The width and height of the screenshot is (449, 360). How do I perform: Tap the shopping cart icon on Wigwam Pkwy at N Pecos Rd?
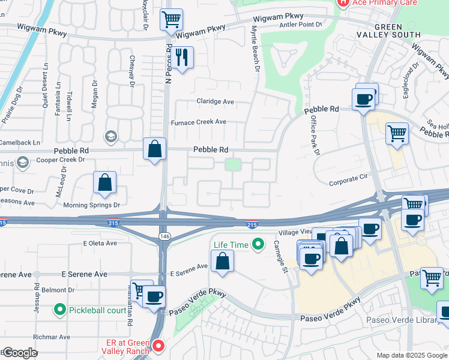click(x=172, y=19)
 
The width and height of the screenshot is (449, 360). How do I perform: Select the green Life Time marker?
click(x=258, y=244)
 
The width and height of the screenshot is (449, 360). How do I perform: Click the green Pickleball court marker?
click(x=59, y=310)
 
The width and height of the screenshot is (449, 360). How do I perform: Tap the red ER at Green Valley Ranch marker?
click(x=158, y=345)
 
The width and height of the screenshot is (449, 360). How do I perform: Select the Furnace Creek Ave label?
click(x=198, y=122)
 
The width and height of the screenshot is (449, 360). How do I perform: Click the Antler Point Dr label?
click(x=302, y=24)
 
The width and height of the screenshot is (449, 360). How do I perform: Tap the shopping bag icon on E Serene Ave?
click(x=222, y=262)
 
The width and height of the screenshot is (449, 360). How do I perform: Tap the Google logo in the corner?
click(x=19, y=353)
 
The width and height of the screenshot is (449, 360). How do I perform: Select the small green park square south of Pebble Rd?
click(x=233, y=164)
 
